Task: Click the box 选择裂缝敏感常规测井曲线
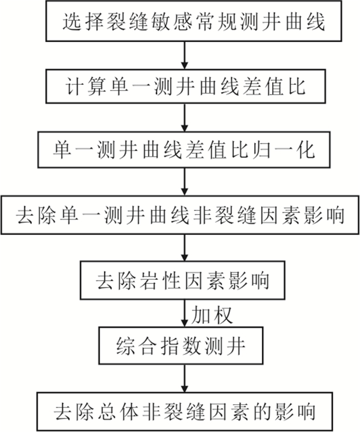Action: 194,21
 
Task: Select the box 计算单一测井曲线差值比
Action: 186,86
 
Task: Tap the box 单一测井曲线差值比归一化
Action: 184,150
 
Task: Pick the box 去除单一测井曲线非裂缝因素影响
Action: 180,215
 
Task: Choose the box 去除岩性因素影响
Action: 183,280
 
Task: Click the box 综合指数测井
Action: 181,346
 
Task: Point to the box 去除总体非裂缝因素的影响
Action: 185,411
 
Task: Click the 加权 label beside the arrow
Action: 212,315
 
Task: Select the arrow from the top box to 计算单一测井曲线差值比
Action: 185,56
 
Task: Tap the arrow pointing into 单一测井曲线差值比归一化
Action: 185,118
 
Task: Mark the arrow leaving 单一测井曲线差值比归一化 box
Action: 185,182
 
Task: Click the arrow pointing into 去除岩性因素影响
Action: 185,248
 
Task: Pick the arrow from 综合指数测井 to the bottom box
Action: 185,379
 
